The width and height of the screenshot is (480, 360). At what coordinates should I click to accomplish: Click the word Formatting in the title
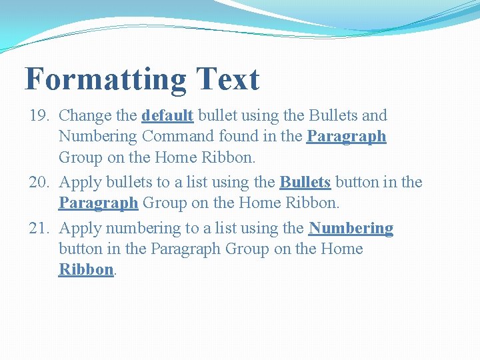105,79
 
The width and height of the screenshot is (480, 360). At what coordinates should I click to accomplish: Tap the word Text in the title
227,79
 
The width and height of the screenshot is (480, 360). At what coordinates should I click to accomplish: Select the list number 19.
40,115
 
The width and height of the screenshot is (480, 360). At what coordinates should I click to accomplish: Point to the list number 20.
40,182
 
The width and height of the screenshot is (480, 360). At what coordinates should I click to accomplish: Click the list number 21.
40,228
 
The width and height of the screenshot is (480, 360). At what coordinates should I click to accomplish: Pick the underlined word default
167,115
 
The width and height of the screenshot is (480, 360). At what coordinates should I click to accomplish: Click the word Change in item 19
85,115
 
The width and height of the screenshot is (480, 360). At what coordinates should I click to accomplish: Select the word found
237,137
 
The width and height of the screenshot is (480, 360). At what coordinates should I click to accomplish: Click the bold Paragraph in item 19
346,137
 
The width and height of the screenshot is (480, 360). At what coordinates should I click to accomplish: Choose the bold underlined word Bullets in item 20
305,182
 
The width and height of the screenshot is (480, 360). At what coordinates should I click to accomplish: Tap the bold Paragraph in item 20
98,202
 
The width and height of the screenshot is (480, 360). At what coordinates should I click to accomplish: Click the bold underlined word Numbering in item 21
351,228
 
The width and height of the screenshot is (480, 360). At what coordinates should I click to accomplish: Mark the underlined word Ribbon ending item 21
86,269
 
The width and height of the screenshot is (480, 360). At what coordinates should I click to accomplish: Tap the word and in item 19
374,115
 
